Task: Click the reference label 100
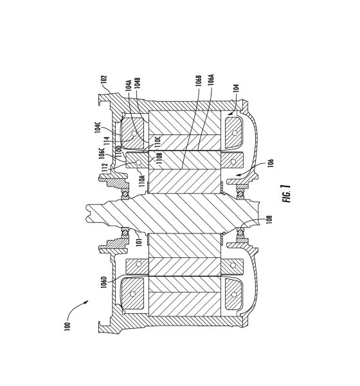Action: pyautogui.click(x=67, y=326)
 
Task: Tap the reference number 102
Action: pyautogui.click(x=104, y=80)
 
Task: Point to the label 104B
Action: pyautogui.click(x=138, y=83)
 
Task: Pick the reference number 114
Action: pyautogui.click(x=107, y=141)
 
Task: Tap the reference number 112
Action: pyautogui.click(x=105, y=167)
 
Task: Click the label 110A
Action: pyautogui.click(x=142, y=181)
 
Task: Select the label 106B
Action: pyautogui.click(x=199, y=81)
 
